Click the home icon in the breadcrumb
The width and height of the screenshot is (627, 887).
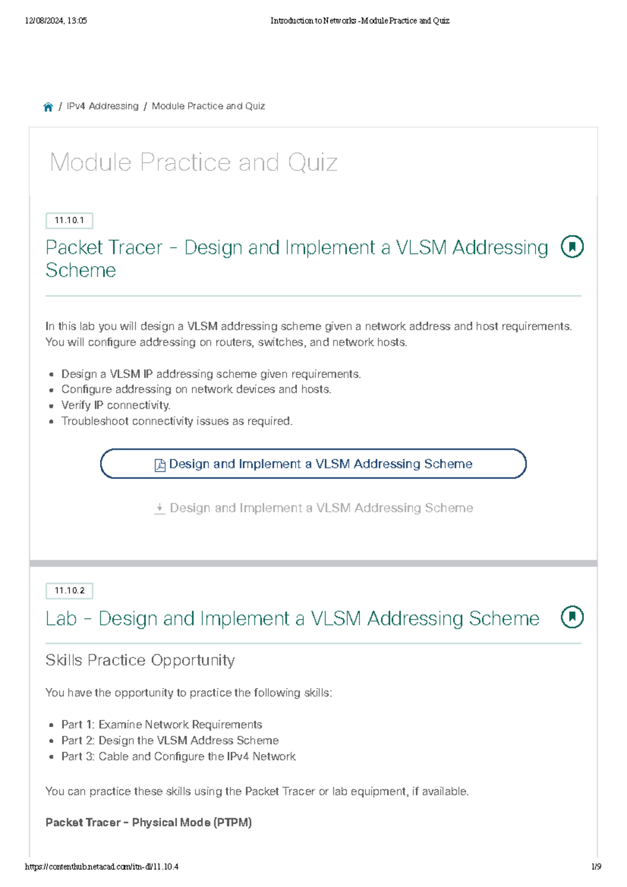[48, 107]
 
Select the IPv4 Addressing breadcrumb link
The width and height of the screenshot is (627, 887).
[102, 106]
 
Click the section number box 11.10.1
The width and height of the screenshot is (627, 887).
[69, 220]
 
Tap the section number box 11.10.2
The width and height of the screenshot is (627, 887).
[69, 591]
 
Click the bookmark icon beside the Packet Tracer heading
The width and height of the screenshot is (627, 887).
[572, 247]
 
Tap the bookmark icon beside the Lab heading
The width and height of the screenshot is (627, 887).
[572, 617]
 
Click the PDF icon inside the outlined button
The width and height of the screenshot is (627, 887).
[160, 465]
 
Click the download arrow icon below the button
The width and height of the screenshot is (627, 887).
[160, 508]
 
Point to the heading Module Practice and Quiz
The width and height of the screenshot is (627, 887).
[193, 162]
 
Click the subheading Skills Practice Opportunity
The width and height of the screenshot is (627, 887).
[140, 660]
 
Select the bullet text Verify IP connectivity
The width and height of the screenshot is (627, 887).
[115, 405]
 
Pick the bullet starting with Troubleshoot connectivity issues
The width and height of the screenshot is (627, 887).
[177, 421]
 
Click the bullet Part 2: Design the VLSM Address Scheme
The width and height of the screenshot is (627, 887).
[170, 741]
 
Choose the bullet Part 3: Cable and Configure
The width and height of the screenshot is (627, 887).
[179, 756]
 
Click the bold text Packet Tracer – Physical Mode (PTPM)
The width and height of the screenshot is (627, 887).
[148, 822]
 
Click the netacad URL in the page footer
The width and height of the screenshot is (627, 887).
[101, 867]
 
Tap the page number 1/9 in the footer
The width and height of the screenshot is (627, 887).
[596, 867]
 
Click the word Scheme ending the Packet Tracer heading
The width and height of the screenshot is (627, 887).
[81, 271]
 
